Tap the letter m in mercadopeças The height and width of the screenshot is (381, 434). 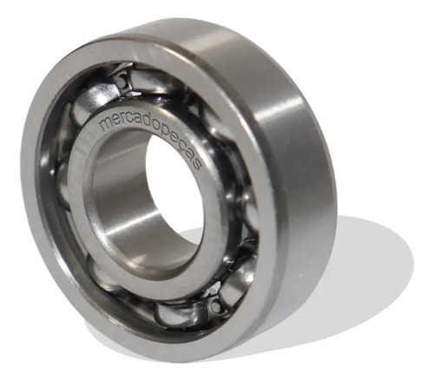click(105, 124)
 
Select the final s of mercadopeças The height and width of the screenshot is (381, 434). click(197, 165)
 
